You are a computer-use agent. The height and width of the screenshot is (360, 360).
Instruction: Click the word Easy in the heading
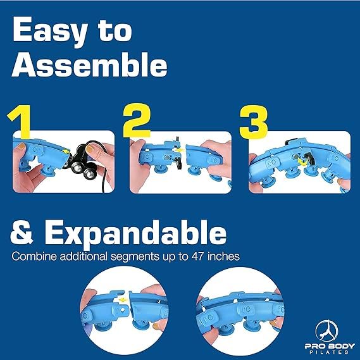[x=50, y=31]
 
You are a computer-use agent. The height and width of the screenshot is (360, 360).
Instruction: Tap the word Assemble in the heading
[x=89, y=65]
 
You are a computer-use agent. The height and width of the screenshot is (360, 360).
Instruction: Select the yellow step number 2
[x=137, y=120]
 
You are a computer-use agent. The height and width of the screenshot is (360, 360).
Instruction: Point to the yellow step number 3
[x=254, y=121]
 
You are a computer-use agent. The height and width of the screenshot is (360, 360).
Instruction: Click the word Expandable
[x=135, y=234]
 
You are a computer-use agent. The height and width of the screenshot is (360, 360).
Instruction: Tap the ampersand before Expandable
[x=22, y=232]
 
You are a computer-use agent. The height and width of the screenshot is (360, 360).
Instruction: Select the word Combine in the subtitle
[x=34, y=256]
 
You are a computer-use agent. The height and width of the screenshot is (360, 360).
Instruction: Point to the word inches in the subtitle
[x=223, y=256]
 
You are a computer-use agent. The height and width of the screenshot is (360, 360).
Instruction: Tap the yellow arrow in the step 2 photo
[x=180, y=151]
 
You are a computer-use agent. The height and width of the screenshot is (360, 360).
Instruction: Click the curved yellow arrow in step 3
[x=302, y=162]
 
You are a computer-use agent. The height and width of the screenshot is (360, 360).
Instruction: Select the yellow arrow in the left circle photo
[x=123, y=300]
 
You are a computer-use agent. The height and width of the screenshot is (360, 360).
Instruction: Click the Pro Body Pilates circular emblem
[x=327, y=331]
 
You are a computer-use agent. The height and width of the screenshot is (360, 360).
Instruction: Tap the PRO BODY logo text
[x=330, y=346]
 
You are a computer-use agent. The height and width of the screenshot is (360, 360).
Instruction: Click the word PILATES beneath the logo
[x=330, y=352]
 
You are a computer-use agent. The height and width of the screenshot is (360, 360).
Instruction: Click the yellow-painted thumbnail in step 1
[x=90, y=149]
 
